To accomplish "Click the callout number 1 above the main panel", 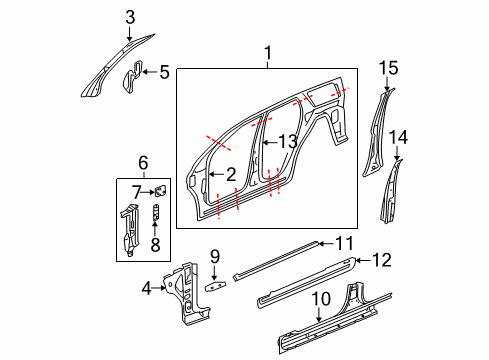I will pyautogui.click(x=267, y=52).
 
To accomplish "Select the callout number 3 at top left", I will pyautogui.click(x=129, y=15).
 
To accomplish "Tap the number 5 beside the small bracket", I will pyautogui.click(x=164, y=71).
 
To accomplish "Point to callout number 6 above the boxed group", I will pyautogui.click(x=143, y=162).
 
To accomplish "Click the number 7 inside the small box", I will pyautogui.click(x=136, y=190).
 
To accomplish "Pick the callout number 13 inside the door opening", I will pyautogui.click(x=287, y=142).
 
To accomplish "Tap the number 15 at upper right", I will pyautogui.click(x=388, y=67).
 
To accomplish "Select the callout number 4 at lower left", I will pyautogui.click(x=148, y=290).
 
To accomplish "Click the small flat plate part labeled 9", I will pyautogui.click(x=214, y=285).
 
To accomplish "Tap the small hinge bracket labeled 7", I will pyautogui.click(x=159, y=190).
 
